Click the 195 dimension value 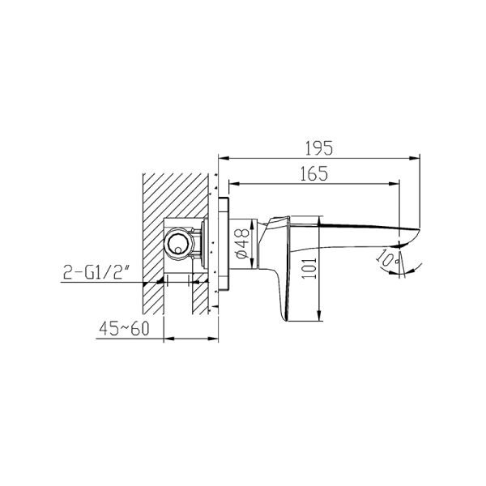coord(319,148)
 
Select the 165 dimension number coord(314,174)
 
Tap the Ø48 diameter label coord(242,244)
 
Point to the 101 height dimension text coord(309,268)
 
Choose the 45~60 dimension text coord(124,329)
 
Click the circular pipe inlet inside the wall coord(179,242)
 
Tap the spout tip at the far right coord(419,230)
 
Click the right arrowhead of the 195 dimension coord(415,158)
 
